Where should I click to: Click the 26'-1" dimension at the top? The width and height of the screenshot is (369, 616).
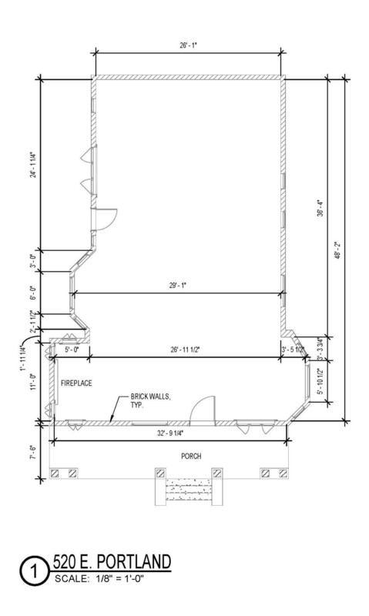188,45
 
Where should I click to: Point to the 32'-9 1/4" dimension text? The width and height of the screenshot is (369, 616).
170,434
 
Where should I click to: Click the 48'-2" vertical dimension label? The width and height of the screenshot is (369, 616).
337,249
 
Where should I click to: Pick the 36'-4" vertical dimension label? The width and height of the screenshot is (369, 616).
320,209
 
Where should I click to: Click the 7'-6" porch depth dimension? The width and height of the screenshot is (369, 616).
35,452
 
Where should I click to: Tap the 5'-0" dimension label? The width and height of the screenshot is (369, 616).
72,350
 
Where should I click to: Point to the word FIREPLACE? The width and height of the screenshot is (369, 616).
76,383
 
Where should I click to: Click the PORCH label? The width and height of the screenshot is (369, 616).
191,456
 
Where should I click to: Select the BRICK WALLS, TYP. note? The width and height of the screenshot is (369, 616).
151,400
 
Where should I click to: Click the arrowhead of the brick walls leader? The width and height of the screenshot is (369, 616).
110,421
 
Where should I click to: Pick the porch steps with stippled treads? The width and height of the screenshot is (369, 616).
188,489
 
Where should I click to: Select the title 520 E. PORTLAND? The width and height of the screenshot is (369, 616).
112,562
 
